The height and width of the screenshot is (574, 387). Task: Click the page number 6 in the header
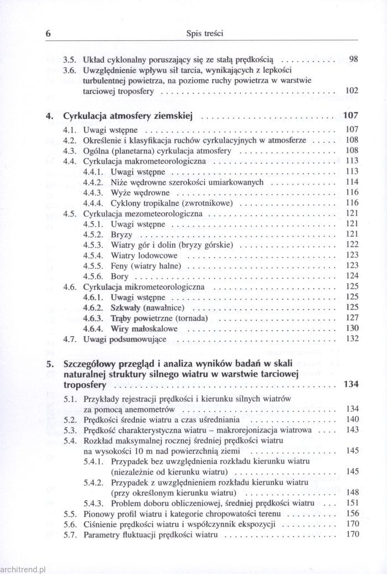[48, 33]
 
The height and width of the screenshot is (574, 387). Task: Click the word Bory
[120, 276]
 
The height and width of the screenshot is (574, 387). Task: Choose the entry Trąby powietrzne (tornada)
[159, 318]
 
